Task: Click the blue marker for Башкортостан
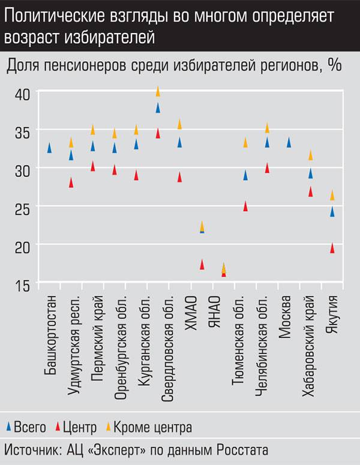tap(49, 148)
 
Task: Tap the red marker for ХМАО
tap(202, 264)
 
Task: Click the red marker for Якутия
tap(332, 248)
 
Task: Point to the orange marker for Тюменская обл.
tap(245, 142)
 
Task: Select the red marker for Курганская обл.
tap(136, 175)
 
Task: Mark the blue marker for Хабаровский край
tap(311, 173)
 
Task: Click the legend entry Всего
tap(30, 427)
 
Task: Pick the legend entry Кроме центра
tap(153, 427)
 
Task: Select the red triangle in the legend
tap(58, 427)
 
